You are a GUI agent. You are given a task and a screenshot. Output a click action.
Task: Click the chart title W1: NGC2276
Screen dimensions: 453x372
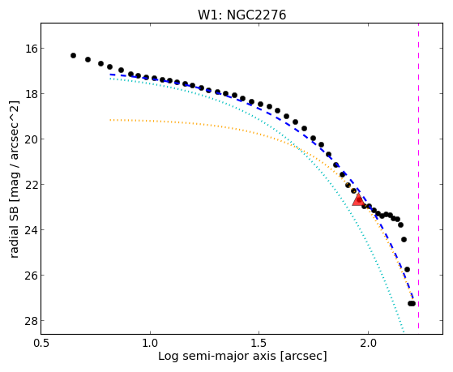(241, 15)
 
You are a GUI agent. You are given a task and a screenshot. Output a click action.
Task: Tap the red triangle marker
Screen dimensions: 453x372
(358, 200)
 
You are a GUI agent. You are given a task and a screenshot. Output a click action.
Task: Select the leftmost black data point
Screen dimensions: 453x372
(73, 55)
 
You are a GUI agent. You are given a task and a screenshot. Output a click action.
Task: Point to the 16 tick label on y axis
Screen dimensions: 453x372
(31, 49)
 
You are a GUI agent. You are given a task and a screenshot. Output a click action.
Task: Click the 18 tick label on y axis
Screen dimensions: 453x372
(31, 94)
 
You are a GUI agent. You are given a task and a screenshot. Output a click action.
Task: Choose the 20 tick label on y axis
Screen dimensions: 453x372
(31, 139)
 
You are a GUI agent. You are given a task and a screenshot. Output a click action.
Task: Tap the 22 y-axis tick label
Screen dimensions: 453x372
(31, 185)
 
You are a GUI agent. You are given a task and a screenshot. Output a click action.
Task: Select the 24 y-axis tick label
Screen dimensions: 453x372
(31, 230)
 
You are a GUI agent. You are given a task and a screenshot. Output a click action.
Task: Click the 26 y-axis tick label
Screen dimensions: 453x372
(31, 276)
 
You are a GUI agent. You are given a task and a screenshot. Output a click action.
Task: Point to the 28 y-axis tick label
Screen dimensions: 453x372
(31, 321)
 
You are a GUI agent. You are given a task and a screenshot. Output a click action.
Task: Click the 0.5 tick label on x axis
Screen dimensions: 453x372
(41, 344)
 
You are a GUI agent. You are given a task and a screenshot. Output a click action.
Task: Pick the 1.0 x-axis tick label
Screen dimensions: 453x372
(150, 344)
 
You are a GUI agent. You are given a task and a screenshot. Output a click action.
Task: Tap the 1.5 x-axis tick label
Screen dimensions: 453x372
(259, 344)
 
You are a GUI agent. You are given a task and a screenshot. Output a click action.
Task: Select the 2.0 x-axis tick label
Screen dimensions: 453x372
(368, 344)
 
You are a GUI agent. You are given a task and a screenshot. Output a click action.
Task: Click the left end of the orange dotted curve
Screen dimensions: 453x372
(110, 120)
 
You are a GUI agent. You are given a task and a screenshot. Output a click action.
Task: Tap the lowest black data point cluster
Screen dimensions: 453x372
(412, 303)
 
